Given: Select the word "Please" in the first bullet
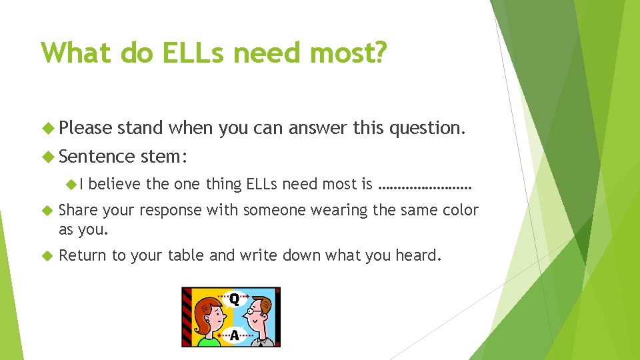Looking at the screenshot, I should (86, 127).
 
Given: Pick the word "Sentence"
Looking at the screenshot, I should (97, 157).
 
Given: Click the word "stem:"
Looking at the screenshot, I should (165, 157).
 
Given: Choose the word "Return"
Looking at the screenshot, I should (83, 255).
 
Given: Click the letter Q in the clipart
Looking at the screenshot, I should (234, 299).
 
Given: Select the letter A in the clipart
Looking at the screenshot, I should (234, 335).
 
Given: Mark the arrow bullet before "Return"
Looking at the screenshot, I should (46, 255).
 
